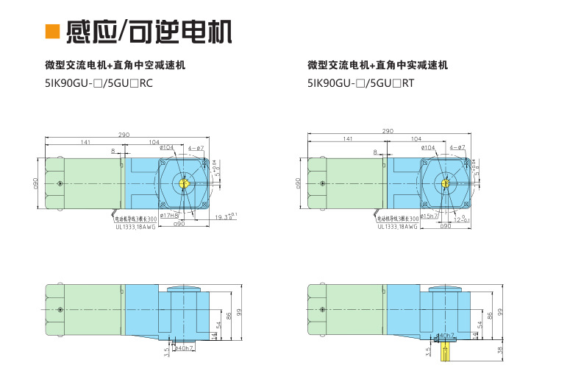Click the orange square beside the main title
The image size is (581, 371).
tap(52, 32)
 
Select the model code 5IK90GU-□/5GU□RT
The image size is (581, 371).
tap(361, 83)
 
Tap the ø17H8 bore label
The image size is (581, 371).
tap(169, 216)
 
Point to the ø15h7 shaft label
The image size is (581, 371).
tap(429, 216)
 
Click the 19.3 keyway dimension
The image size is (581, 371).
tap(224, 217)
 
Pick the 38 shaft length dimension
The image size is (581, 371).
tap(500, 350)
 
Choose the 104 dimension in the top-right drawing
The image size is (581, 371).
tap(416, 138)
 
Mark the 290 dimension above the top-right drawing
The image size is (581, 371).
tap(388, 131)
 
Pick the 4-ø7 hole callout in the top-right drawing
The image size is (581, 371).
tap(457, 148)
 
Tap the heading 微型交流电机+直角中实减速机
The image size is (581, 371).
tap(377, 66)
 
